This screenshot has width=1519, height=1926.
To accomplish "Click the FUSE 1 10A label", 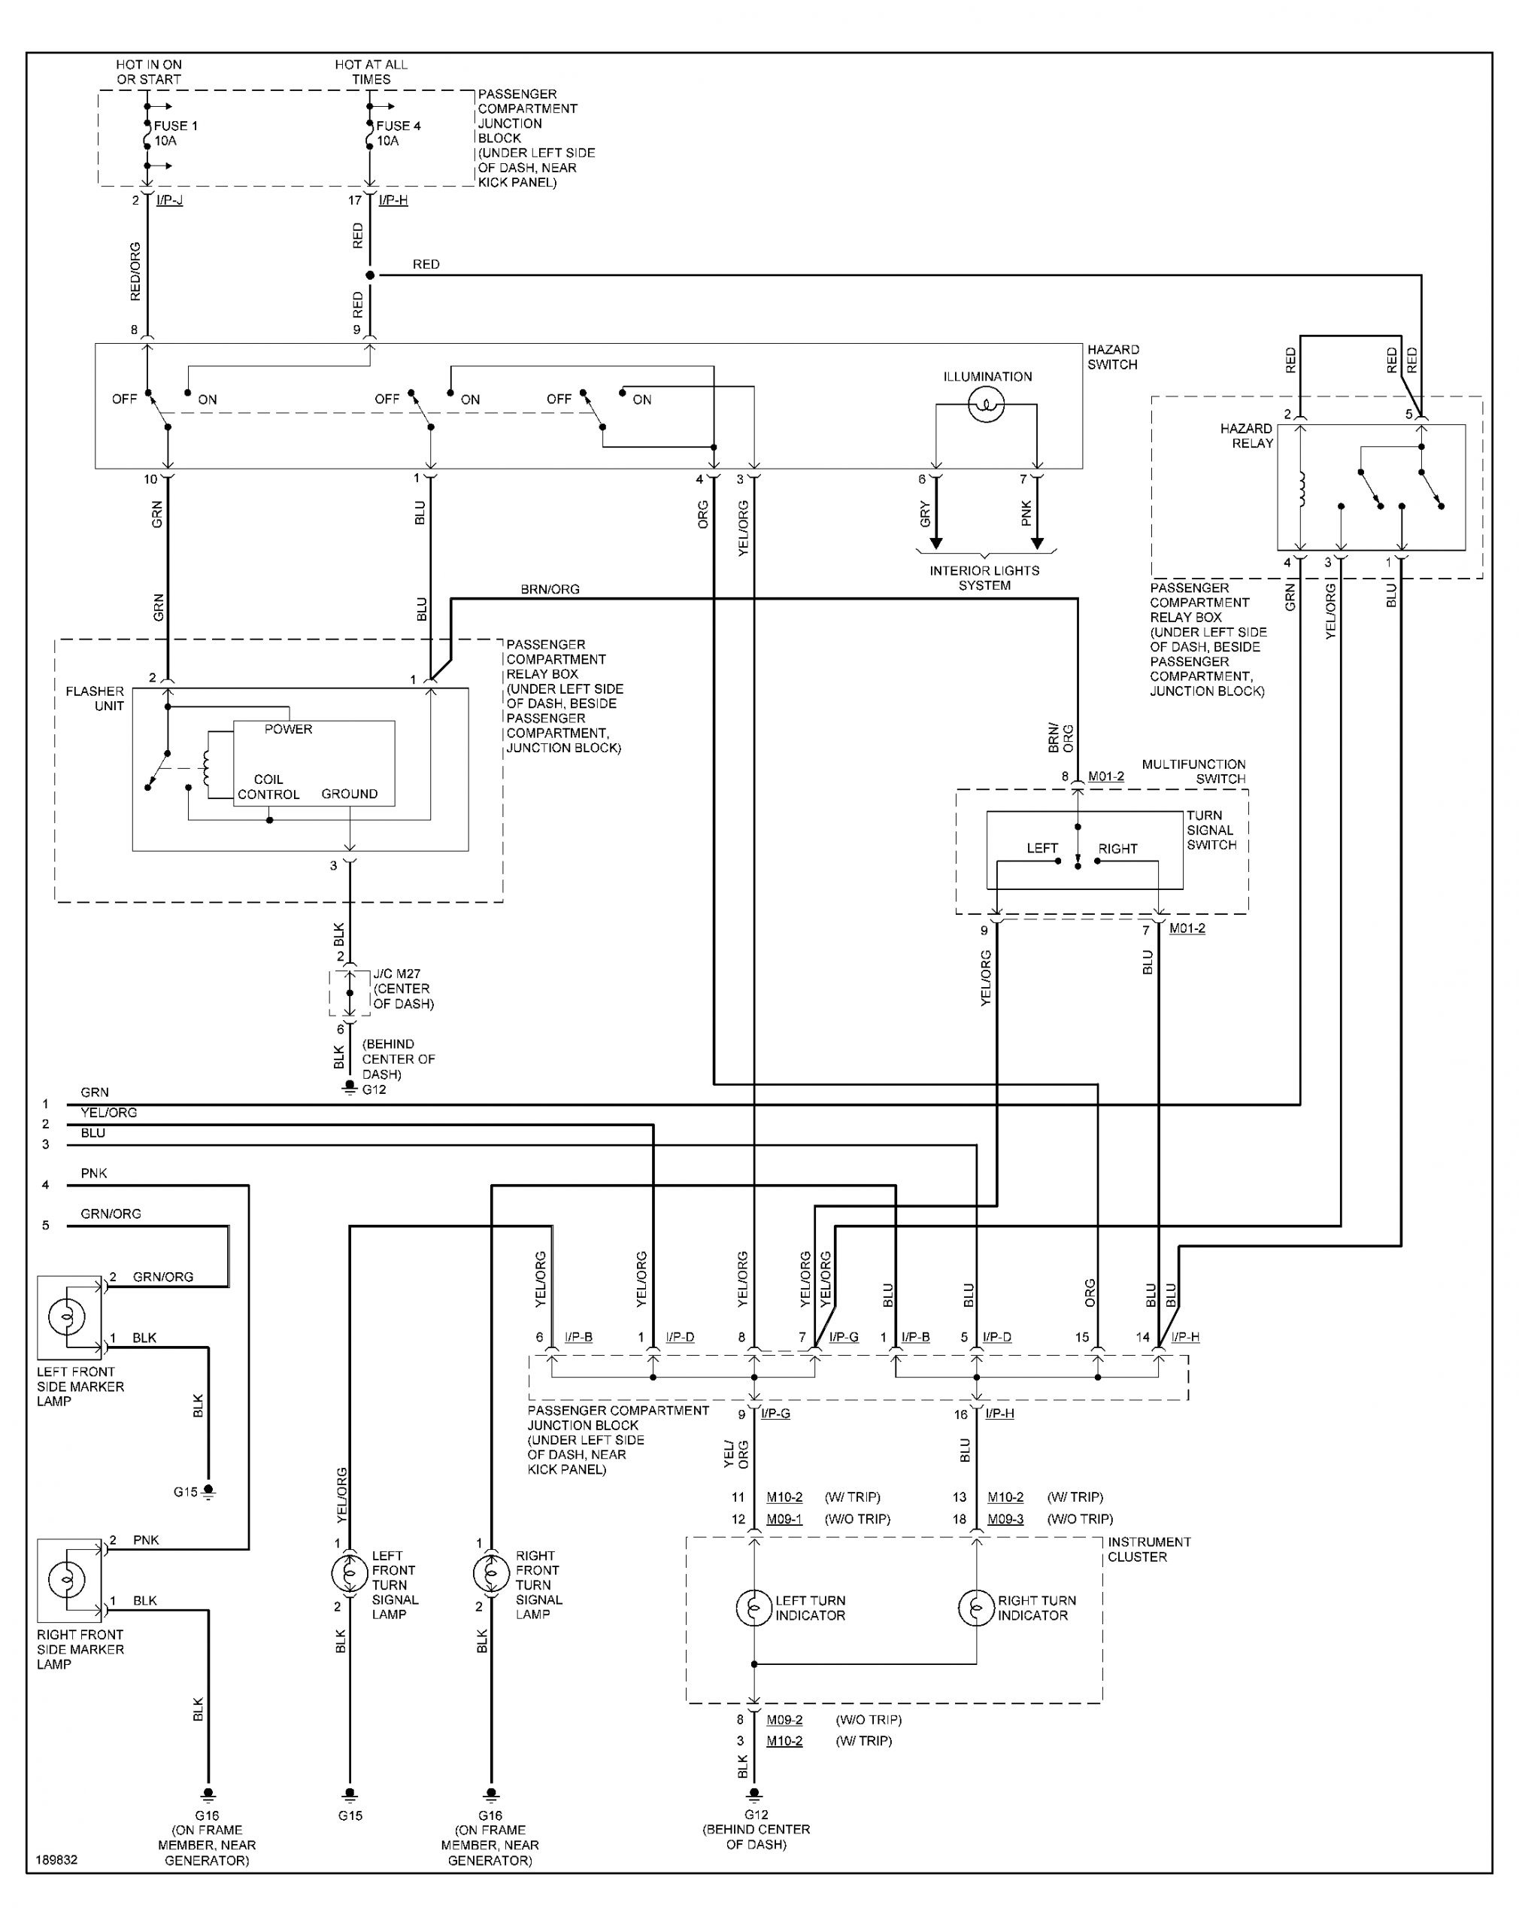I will pyautogui.click(x=175, y=133).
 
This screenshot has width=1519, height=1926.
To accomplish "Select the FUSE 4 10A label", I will pyautogui.click(x=398, y=133).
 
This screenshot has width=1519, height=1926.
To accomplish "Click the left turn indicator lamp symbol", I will pyautogui.click(x=754, y=1608).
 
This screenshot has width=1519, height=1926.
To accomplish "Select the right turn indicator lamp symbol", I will pyautogui.click(x=977, y=1608).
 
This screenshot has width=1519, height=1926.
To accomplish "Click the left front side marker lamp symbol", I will pyautogui.click(x=67, y=1317).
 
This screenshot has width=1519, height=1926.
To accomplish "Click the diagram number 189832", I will pyautogui.click(x=57, y=1859).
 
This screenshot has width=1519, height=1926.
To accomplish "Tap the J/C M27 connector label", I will pyautogui.click(x=396, y=974).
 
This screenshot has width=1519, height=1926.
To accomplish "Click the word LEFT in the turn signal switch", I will pyautogui.click(x=1041, y=848).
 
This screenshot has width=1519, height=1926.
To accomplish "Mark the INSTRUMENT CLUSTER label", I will pyautogui.click(x=1149, y=1549).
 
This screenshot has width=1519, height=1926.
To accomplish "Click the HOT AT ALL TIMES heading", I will pyautogui.click(x=371, y=72).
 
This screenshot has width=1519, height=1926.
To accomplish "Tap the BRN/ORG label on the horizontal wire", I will pyautogui.click(x=550, y=589).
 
